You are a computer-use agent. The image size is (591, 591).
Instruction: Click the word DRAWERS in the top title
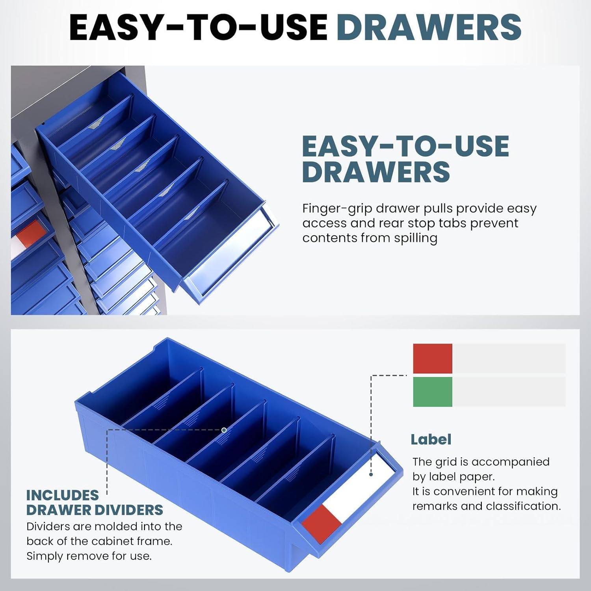(x=429, y=27)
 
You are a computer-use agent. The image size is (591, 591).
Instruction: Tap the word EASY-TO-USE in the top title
(x=198, y=27)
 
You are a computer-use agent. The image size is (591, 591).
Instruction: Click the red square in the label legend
(x=433, y=359)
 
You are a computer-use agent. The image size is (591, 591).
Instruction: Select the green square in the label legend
(x=433, y=392)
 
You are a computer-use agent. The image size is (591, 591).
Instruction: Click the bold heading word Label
(x=431, y=439)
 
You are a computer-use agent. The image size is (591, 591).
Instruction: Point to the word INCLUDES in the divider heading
(x=62, y=495)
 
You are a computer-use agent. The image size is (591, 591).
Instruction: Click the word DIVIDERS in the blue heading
(x=132, y=510)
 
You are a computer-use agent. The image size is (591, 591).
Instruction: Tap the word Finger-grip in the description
(x=337, y=209)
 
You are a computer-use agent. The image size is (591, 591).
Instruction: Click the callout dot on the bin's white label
(x=371, y=474)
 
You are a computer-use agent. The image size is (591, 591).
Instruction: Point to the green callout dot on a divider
(x=224, y=430)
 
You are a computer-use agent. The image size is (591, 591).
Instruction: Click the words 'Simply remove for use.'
(x=89, y=556)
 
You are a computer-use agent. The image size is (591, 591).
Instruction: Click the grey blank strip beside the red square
(x=509, y=359)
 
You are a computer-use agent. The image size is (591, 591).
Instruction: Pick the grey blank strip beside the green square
(x=509, y=392)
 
